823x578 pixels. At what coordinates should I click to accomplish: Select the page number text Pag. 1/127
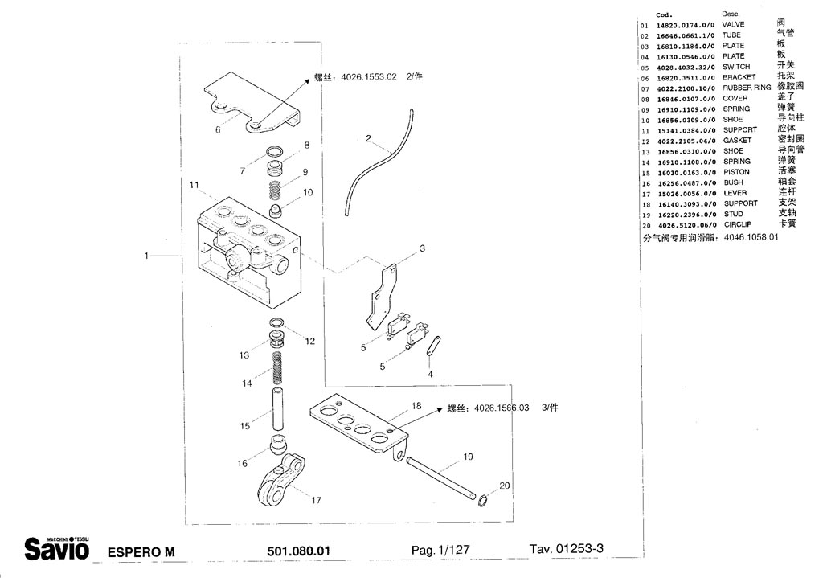440,551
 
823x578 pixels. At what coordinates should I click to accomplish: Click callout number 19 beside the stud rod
467,457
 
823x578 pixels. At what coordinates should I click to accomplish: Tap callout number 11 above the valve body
193,186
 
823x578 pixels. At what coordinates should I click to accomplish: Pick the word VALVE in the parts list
733,25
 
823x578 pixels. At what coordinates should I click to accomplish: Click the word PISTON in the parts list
736,172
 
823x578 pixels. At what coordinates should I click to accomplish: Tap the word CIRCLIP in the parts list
738,225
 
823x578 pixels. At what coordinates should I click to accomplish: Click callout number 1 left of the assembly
146,256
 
